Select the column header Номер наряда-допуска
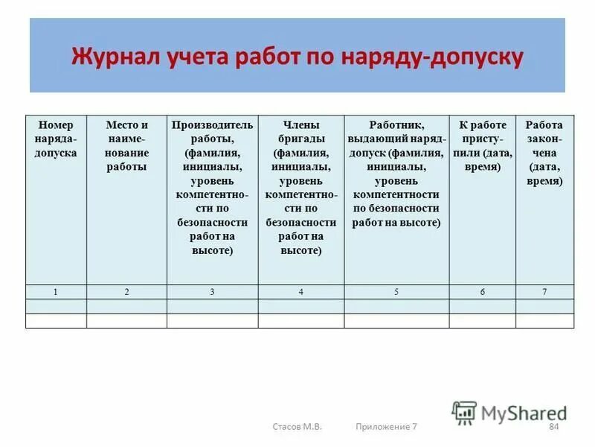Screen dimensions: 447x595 56,139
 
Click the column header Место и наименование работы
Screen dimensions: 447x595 126,145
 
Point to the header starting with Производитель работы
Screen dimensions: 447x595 212,188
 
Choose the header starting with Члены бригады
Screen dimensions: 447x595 301,188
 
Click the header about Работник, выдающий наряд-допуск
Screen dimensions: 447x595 396,174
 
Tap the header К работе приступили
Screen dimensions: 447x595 482,145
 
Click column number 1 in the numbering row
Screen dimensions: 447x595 56,292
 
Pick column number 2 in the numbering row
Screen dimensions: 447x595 126,292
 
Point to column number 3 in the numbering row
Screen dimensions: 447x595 212,292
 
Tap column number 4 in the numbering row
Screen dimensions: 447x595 301,292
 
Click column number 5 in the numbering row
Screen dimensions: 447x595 396,292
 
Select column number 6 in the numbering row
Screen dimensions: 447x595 482,292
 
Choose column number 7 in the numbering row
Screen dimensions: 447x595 544,292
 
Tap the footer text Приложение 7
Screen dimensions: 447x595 386,426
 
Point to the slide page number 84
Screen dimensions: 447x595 553,426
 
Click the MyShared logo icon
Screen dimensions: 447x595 465,412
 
